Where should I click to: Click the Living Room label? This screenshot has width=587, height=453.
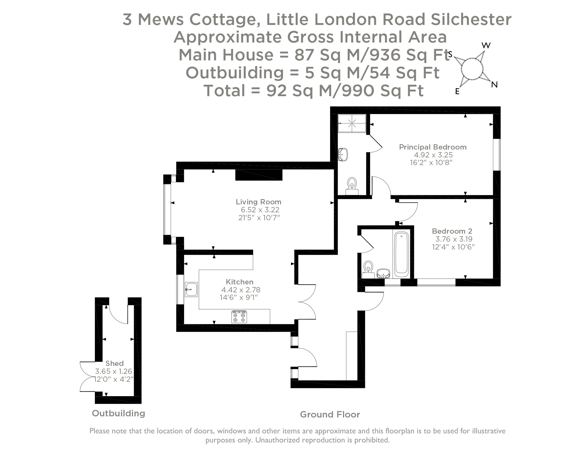258,202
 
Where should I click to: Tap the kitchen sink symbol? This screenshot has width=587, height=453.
191,289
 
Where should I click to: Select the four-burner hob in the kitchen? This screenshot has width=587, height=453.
239,317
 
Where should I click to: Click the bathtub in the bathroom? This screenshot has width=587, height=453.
401,254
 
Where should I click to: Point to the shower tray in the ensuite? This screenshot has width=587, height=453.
352,123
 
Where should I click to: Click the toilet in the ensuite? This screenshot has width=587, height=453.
352,185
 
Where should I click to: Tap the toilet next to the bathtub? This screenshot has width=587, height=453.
368,269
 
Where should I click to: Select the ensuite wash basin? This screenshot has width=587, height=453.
343,154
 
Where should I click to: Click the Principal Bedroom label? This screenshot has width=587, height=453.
433,147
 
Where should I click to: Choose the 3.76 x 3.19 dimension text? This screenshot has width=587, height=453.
454,239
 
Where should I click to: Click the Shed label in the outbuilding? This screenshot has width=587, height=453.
115,363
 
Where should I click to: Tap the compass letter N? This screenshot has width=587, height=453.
494,85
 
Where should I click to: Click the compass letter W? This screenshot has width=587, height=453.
486,45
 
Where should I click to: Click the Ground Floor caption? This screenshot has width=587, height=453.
330,414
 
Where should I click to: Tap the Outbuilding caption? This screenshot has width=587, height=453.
118,413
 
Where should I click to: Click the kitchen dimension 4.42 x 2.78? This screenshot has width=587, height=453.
240,290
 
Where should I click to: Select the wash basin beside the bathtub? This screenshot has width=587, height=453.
383,273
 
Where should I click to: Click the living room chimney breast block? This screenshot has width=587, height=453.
259,175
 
